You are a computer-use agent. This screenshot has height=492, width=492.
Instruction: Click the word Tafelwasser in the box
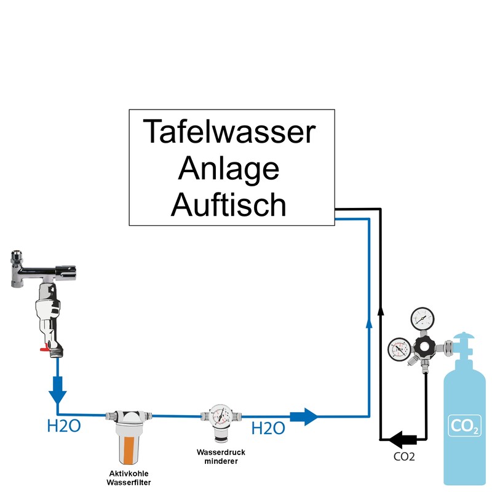(x=229, y=132)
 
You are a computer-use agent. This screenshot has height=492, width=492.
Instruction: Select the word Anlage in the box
(x=229, y=168)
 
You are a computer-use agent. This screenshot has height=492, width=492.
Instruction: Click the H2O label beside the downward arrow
(x=64, y=426)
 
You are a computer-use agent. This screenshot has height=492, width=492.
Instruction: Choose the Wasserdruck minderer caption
(x=216, y=457)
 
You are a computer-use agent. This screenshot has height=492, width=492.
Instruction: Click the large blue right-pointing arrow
(x=304, y=416)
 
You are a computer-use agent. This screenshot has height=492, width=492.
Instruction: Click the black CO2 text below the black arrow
(x=404, y=457)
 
